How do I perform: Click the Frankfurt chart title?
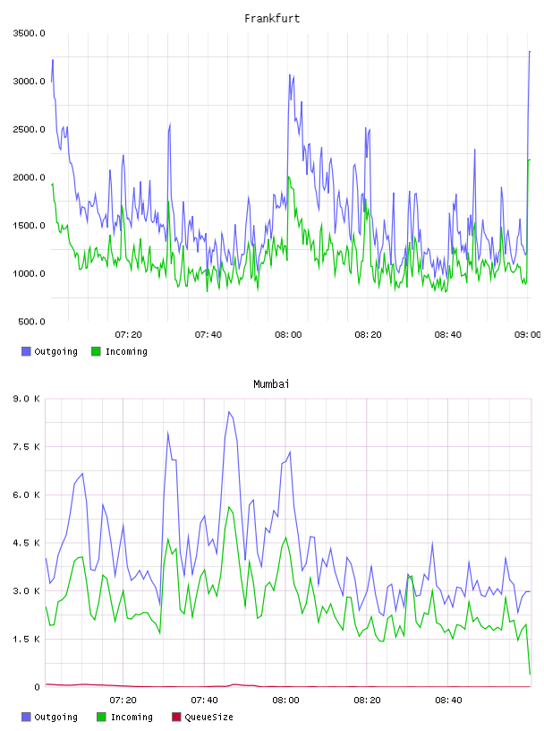272,18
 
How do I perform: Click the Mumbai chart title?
271,383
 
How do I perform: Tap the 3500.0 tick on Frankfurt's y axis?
29,33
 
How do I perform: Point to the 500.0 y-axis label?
31,322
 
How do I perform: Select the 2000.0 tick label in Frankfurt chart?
29,177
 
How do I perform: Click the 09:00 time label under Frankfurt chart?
527,334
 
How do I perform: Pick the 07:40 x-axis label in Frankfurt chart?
208,334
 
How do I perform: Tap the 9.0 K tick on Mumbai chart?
27,399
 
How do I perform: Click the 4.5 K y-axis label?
27,543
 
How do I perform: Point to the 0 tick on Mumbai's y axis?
37,687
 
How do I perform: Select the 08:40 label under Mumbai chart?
448,700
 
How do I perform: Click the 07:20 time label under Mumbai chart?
123,700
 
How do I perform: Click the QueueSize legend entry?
202,717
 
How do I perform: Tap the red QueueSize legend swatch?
176,717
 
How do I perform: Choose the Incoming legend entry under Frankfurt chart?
119,351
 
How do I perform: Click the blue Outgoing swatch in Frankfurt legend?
26,351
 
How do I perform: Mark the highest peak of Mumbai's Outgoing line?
229,412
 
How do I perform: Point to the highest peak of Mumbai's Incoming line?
229,507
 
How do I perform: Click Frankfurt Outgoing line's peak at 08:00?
290,74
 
